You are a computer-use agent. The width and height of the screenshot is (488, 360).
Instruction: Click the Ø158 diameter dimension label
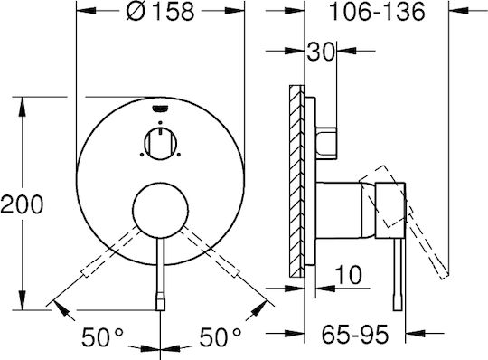[x=160, y=12]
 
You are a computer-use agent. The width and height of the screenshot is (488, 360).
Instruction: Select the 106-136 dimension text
[x=377, y=12]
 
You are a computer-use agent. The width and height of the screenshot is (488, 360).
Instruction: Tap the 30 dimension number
[x=321, y=52]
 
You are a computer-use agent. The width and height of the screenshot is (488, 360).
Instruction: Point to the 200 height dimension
[x=22, y=204]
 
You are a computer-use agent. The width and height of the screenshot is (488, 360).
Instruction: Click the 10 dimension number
[x=348, y=275]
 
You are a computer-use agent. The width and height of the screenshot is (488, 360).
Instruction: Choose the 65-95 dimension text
[x=355, y=335]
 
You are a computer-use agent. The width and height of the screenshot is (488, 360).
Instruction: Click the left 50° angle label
[x=102, y=337]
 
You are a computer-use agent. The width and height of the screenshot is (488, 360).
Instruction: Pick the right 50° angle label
[x=220, y=337]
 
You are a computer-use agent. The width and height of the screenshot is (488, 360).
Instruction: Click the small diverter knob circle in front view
[x=161, y=144]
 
